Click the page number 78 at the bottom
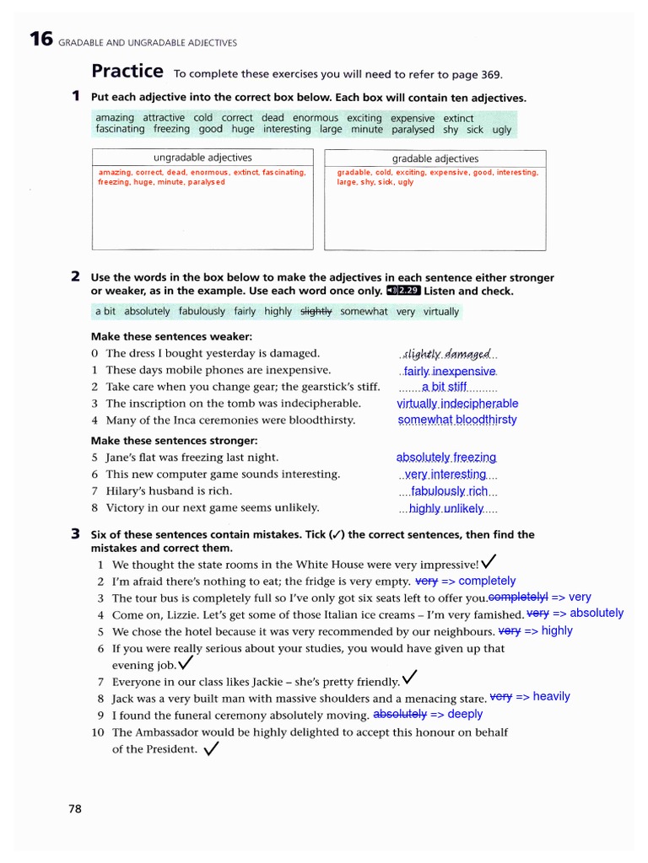click(x=75, y=809)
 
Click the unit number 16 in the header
click(x=40, y=40)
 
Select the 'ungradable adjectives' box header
click(x=202, y=158)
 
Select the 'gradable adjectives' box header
click(x=435, y=158)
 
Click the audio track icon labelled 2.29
click(x=403, y=291)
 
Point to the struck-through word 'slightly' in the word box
click(x=316, y=311)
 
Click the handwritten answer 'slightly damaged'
click(x=447, y=354)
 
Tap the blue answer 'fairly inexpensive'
click(x=450, y=371)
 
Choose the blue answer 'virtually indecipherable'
click(x=457, y=404)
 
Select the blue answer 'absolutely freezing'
click(x=446, y=458)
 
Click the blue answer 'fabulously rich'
click(x=449, y=491)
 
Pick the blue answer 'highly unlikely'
click(x=446, y=508)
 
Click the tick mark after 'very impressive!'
click(x=489, y=562)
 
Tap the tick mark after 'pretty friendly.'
click(x=409, y=678)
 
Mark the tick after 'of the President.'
click(x=211, y=748)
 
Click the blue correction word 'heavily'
click(x=551, y=696)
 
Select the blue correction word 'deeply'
click(x=465, y=714)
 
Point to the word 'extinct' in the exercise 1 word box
click(x=458, y=118)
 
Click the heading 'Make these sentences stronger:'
click(x=174, y=441)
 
